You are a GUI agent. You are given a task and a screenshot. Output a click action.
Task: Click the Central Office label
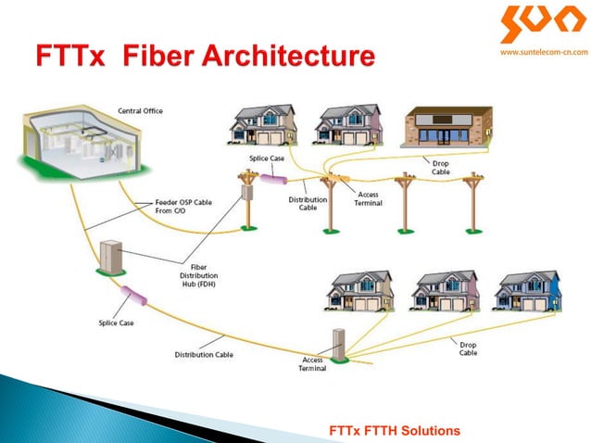click(x=140, y=111)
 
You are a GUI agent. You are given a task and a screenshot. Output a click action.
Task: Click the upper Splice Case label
click(x=267, y=159)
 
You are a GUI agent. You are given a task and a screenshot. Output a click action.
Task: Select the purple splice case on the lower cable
click(x=137, y=298)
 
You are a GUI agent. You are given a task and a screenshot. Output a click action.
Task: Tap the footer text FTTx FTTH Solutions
click(x=394, y=430)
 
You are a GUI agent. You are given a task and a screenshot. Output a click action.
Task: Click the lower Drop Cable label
click(x=469, y=348)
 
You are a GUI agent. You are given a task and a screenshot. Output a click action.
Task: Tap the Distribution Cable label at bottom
click(x=204, y=354)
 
